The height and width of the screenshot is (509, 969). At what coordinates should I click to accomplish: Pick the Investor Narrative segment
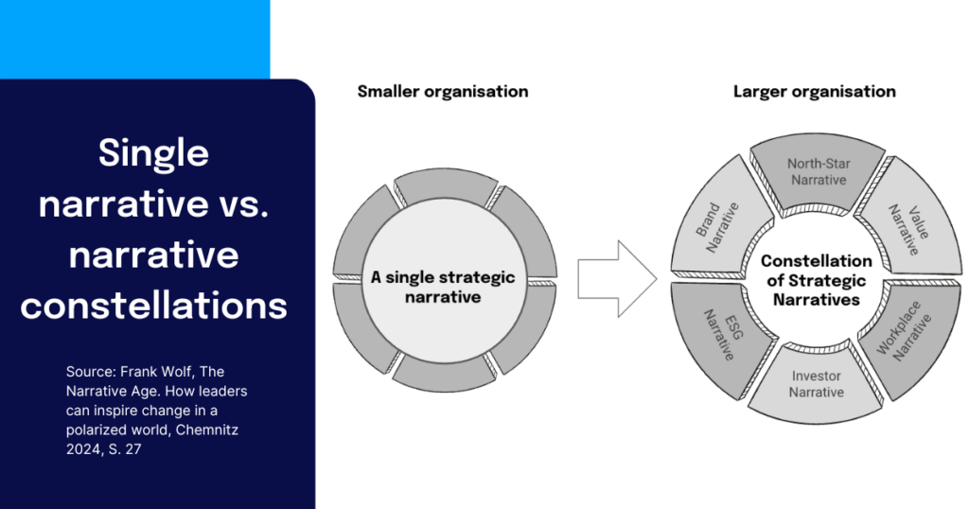click(817, 383)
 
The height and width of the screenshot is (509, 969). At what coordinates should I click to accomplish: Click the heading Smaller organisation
click(442, 92)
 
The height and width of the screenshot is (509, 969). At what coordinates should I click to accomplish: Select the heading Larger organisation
click(814, 92)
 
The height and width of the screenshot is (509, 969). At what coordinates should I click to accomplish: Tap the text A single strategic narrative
click(443, 287)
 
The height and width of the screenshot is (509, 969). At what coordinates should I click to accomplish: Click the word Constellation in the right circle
click(816, 260)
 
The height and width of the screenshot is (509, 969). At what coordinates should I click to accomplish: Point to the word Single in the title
click(153, 152)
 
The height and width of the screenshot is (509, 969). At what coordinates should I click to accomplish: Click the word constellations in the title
click(153, 305)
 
